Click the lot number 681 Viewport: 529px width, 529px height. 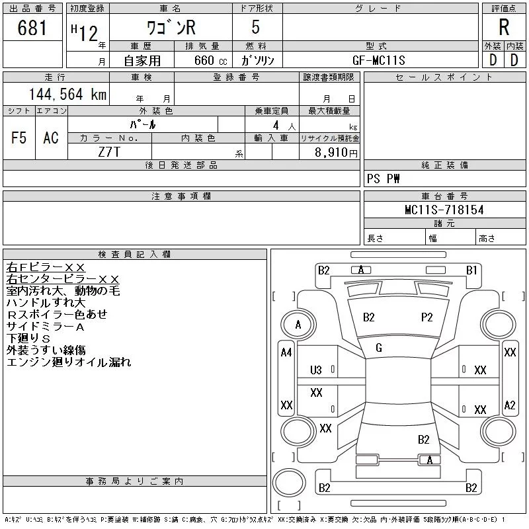coord(33,28)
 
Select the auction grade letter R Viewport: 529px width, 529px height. coord(504,28)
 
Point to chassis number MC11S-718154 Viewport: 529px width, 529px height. coord(444,210)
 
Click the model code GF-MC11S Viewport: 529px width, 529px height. coord(379,60)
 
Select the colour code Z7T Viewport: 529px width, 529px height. coord(109,151)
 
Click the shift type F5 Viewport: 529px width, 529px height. coord(19,138)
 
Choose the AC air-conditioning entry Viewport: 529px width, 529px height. coord(51,138)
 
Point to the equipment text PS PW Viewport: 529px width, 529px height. coord(384,179)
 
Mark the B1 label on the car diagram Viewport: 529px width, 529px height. coord(471,270)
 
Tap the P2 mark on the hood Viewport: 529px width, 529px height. coord(427,317)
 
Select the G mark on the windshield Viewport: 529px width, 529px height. coord(379,348)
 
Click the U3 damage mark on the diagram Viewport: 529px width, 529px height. coord(316,370)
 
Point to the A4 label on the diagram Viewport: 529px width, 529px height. coord(286,352)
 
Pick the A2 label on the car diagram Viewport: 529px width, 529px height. coord(509,405)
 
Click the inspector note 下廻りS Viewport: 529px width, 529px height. coord(28,339)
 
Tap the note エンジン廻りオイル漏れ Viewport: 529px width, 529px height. coord(69,362)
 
